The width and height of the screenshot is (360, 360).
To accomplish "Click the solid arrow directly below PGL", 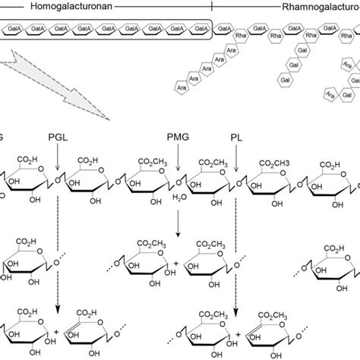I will [58, 158].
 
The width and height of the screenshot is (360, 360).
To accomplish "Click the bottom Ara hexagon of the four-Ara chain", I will [182, 88].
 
